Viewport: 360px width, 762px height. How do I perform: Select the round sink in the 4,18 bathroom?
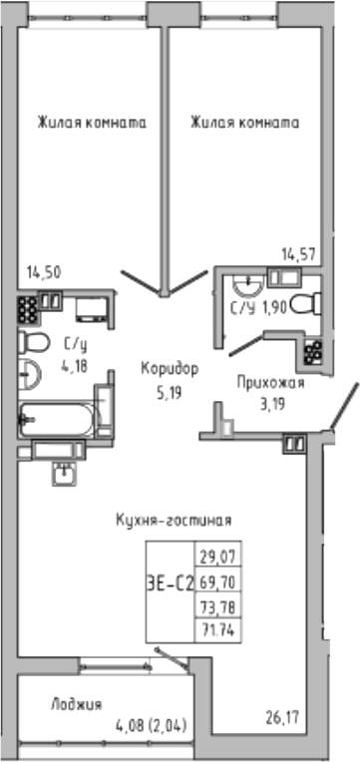point(30,377)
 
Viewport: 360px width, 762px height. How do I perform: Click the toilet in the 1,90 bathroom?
point(311,299)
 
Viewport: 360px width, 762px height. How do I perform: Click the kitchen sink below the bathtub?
point(64,473)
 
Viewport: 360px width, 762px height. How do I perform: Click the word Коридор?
point(170,368)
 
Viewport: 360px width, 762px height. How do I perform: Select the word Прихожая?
point(269,382)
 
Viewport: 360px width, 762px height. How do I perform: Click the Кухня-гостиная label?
point(174,520)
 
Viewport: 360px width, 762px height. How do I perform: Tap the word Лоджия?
point(76,704)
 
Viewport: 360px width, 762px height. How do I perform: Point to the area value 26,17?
point(283,714)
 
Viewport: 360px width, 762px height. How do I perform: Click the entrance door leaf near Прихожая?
point(345,411)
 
